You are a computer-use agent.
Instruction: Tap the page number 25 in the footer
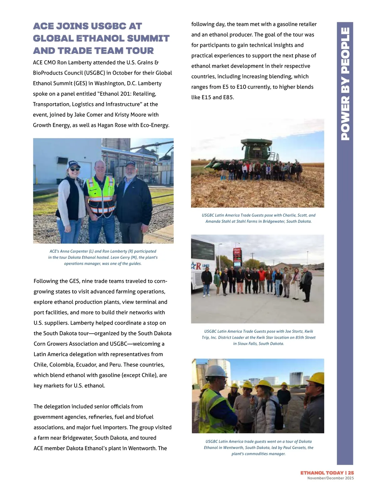(x=351, y=473)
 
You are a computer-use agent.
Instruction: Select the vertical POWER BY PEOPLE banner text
(x=345, y=83)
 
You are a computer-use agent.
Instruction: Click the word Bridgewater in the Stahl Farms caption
(x=274, y=221)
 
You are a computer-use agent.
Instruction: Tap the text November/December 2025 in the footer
(x=330, y=478)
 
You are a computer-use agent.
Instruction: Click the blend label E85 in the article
(x=228, y=97)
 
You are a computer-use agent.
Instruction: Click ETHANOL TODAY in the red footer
(x=321, y=473)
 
